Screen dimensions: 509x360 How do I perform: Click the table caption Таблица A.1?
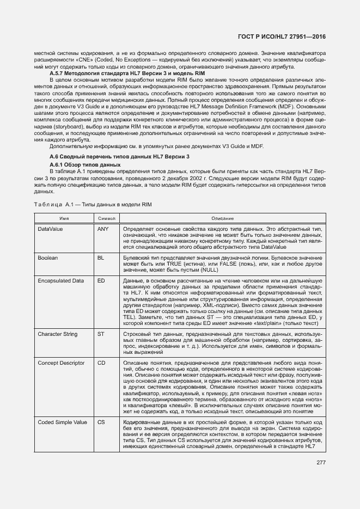92,204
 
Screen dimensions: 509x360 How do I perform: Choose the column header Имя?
64,218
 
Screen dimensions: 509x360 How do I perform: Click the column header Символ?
106,218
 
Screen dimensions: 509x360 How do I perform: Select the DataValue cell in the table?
50,229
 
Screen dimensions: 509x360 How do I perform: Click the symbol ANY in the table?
103,229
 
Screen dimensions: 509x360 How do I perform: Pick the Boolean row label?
47,257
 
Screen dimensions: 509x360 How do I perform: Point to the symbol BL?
100,257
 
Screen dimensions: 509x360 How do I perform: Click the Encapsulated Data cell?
60,280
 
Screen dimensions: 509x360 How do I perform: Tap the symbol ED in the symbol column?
101,280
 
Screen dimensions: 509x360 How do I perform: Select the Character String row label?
57,334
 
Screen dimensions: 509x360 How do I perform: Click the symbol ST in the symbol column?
100,334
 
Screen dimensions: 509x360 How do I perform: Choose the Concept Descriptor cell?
61,362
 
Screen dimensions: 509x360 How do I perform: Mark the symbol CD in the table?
101,362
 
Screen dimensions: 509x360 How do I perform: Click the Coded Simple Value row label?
63,422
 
